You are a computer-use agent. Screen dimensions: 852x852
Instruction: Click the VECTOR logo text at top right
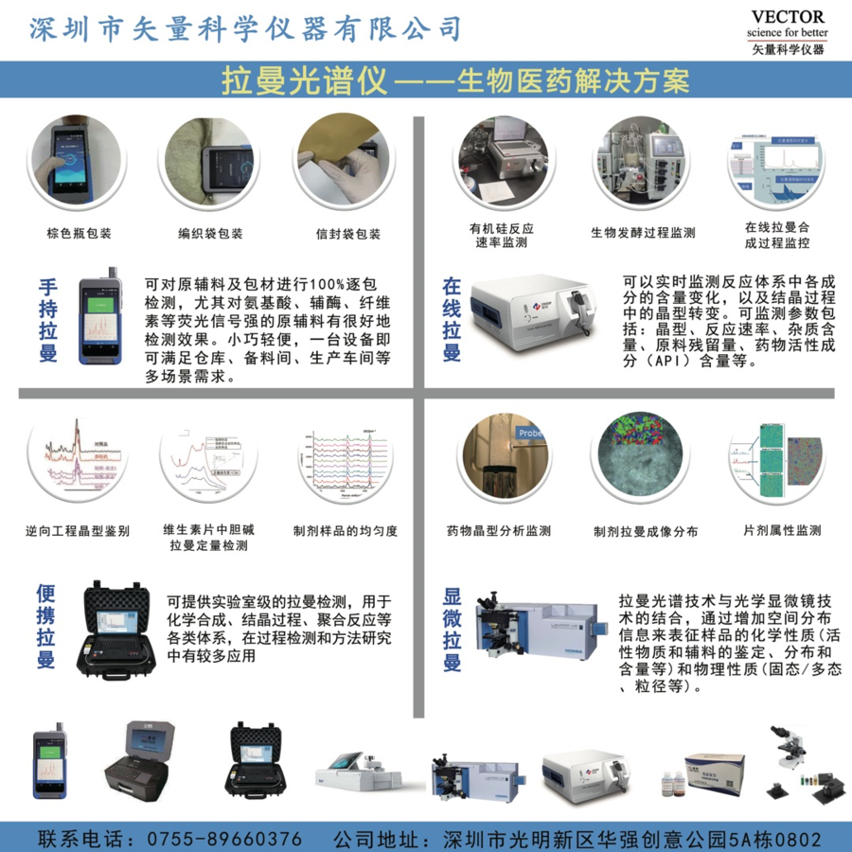(x=787, y=17)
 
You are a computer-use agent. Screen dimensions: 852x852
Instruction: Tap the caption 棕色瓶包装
(x=80, y=234)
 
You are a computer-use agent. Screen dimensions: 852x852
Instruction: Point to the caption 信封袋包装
(x=348, y=234)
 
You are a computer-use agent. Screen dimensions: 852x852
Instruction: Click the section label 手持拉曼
(x=48, y=320)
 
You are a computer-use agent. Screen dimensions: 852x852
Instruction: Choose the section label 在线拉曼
(x=453, y=320)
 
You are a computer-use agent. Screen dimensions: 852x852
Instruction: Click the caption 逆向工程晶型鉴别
(x=78, y=531)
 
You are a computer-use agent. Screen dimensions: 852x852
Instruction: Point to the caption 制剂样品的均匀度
(x=346, y=531)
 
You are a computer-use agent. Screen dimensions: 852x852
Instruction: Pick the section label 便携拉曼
(x=45, y=627)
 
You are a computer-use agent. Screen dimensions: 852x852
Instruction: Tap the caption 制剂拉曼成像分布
(x=646, y=532)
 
